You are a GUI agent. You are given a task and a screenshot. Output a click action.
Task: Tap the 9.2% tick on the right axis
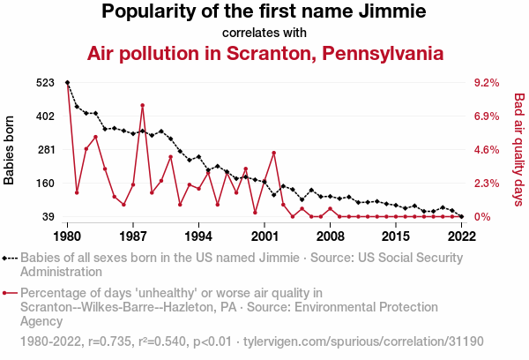click(487, 83)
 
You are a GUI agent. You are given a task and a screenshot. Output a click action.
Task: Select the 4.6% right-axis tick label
click(487, 150)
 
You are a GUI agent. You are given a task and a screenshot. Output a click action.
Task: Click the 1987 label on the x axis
click(133, 236)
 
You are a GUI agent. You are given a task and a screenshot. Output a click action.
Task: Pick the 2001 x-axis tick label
click(264, 236)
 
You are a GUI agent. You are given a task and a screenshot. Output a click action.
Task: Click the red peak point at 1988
click(142, 106)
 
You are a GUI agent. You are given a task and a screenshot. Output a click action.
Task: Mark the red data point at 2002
click(274, 153)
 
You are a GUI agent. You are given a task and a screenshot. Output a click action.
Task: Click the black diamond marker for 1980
click(68, 83)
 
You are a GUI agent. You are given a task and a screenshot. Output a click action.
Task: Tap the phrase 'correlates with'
click(264, 33)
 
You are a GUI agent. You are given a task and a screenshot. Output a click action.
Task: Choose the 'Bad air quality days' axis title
click(518, 150)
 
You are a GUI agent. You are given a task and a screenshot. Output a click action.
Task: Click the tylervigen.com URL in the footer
click(362, 340)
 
